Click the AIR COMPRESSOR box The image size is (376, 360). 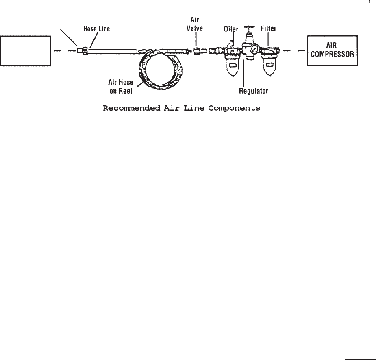(333, 51)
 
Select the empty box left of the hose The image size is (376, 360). (26, 51)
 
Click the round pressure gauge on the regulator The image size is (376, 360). (254, 50)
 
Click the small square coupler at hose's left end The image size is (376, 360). (80, 51)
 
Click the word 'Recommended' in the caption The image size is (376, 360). (127, 109)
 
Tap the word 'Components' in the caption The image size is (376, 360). (238, 109)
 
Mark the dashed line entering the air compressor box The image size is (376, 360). (295, 51)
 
